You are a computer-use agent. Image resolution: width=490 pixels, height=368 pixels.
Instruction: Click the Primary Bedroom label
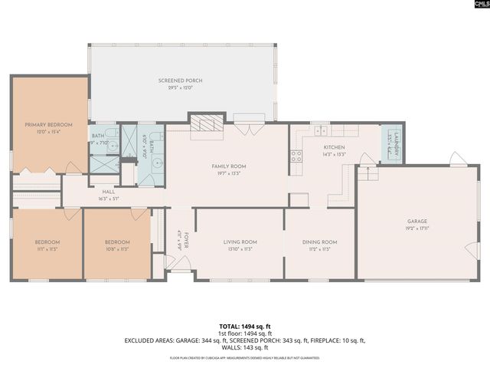[48, 124]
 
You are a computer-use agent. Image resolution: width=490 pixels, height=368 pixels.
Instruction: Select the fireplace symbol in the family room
[205, 124]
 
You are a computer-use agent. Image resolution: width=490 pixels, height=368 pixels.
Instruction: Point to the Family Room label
[229, 166]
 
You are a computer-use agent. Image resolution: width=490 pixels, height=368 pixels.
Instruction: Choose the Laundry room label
[392, 143]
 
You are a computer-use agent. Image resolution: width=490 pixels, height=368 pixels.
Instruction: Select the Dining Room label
[319, 242]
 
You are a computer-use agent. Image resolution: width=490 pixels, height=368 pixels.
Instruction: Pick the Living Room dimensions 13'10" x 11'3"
[240, 249]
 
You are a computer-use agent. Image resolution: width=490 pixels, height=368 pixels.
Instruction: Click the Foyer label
[185, 238]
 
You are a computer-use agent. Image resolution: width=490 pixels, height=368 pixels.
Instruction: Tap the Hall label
[108, 192]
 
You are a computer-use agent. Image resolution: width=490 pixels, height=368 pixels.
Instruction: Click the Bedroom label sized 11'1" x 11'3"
[47, 242]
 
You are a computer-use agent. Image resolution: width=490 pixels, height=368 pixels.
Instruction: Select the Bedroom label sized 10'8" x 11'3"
[117, 242]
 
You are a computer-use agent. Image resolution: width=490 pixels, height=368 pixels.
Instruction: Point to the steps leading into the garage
[368, 172]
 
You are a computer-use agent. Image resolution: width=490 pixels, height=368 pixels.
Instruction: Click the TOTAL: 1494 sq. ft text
[245, 326]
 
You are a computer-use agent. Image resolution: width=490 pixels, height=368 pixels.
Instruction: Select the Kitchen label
[335, 147]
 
